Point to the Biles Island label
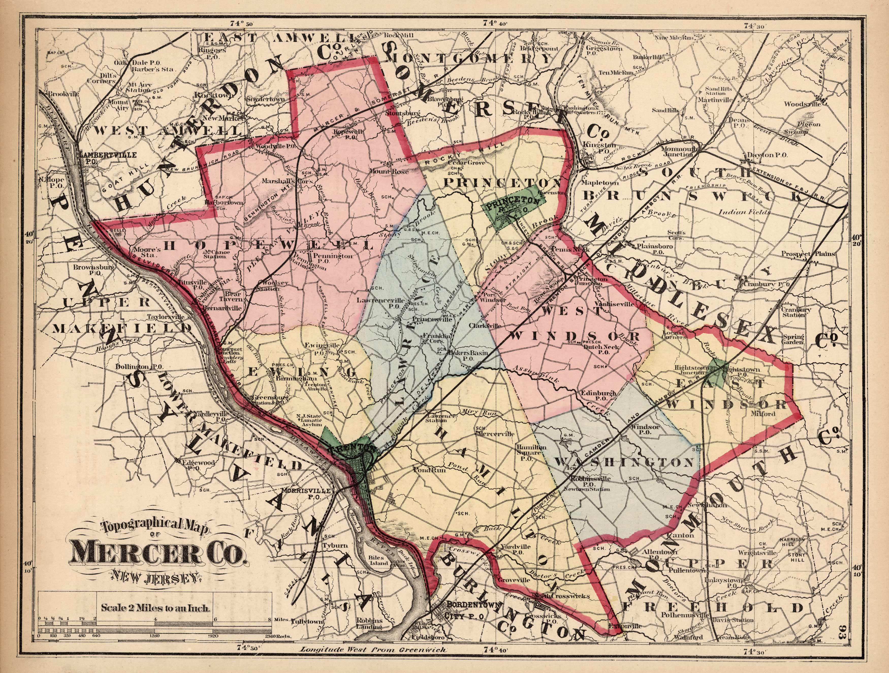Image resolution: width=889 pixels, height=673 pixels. (x=379, y=561)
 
